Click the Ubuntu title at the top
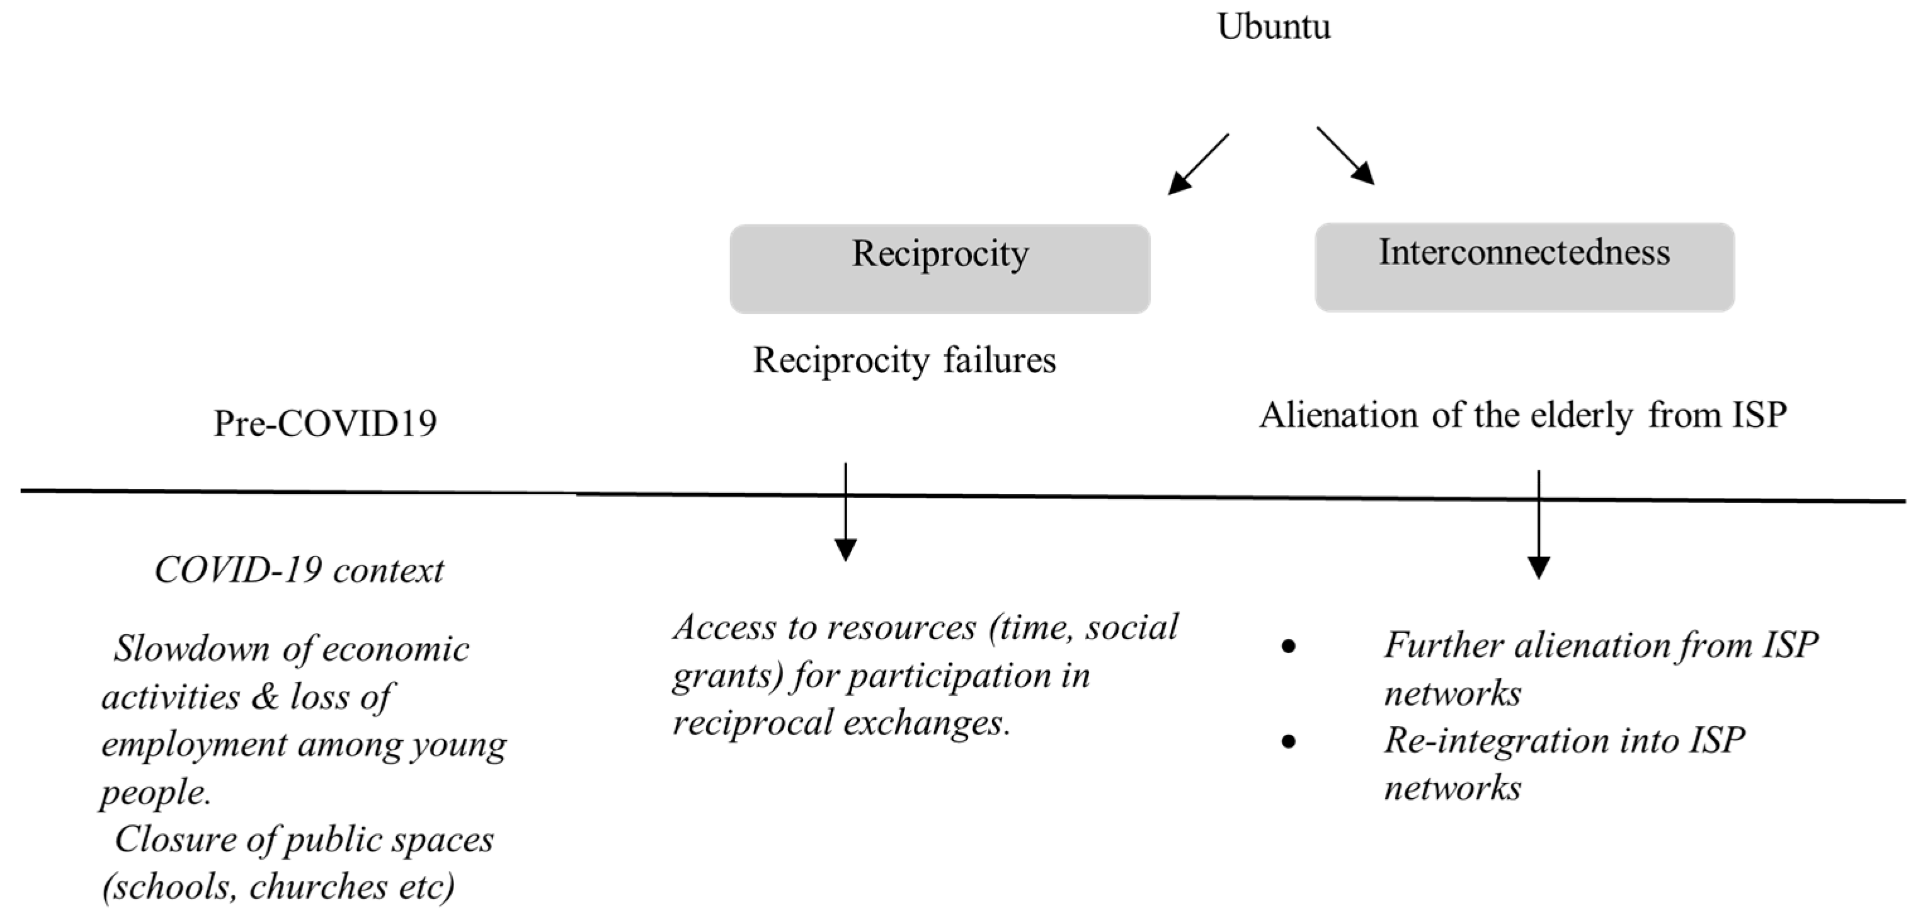pyautogui.click(x=1274, y=26)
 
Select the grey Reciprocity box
pyautogui.click(x=939, y=269)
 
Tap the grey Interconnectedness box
pyautogui.click(x=1524, y=267)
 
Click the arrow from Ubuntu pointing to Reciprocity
pyautogui.click(x=1197, y=165)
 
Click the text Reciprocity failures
pyautogui.click(x=904, y=361)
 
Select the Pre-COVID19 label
pyautogui.click(x=325, y=423)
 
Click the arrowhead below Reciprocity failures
pyautogui.click(x=846, y=549)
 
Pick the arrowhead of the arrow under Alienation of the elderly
pyautogui.click(x=1539, y=567)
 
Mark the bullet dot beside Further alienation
pyautogui.click(x=1289, y=647)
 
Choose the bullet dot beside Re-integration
pyautogui.click(x=1289, y=741)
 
